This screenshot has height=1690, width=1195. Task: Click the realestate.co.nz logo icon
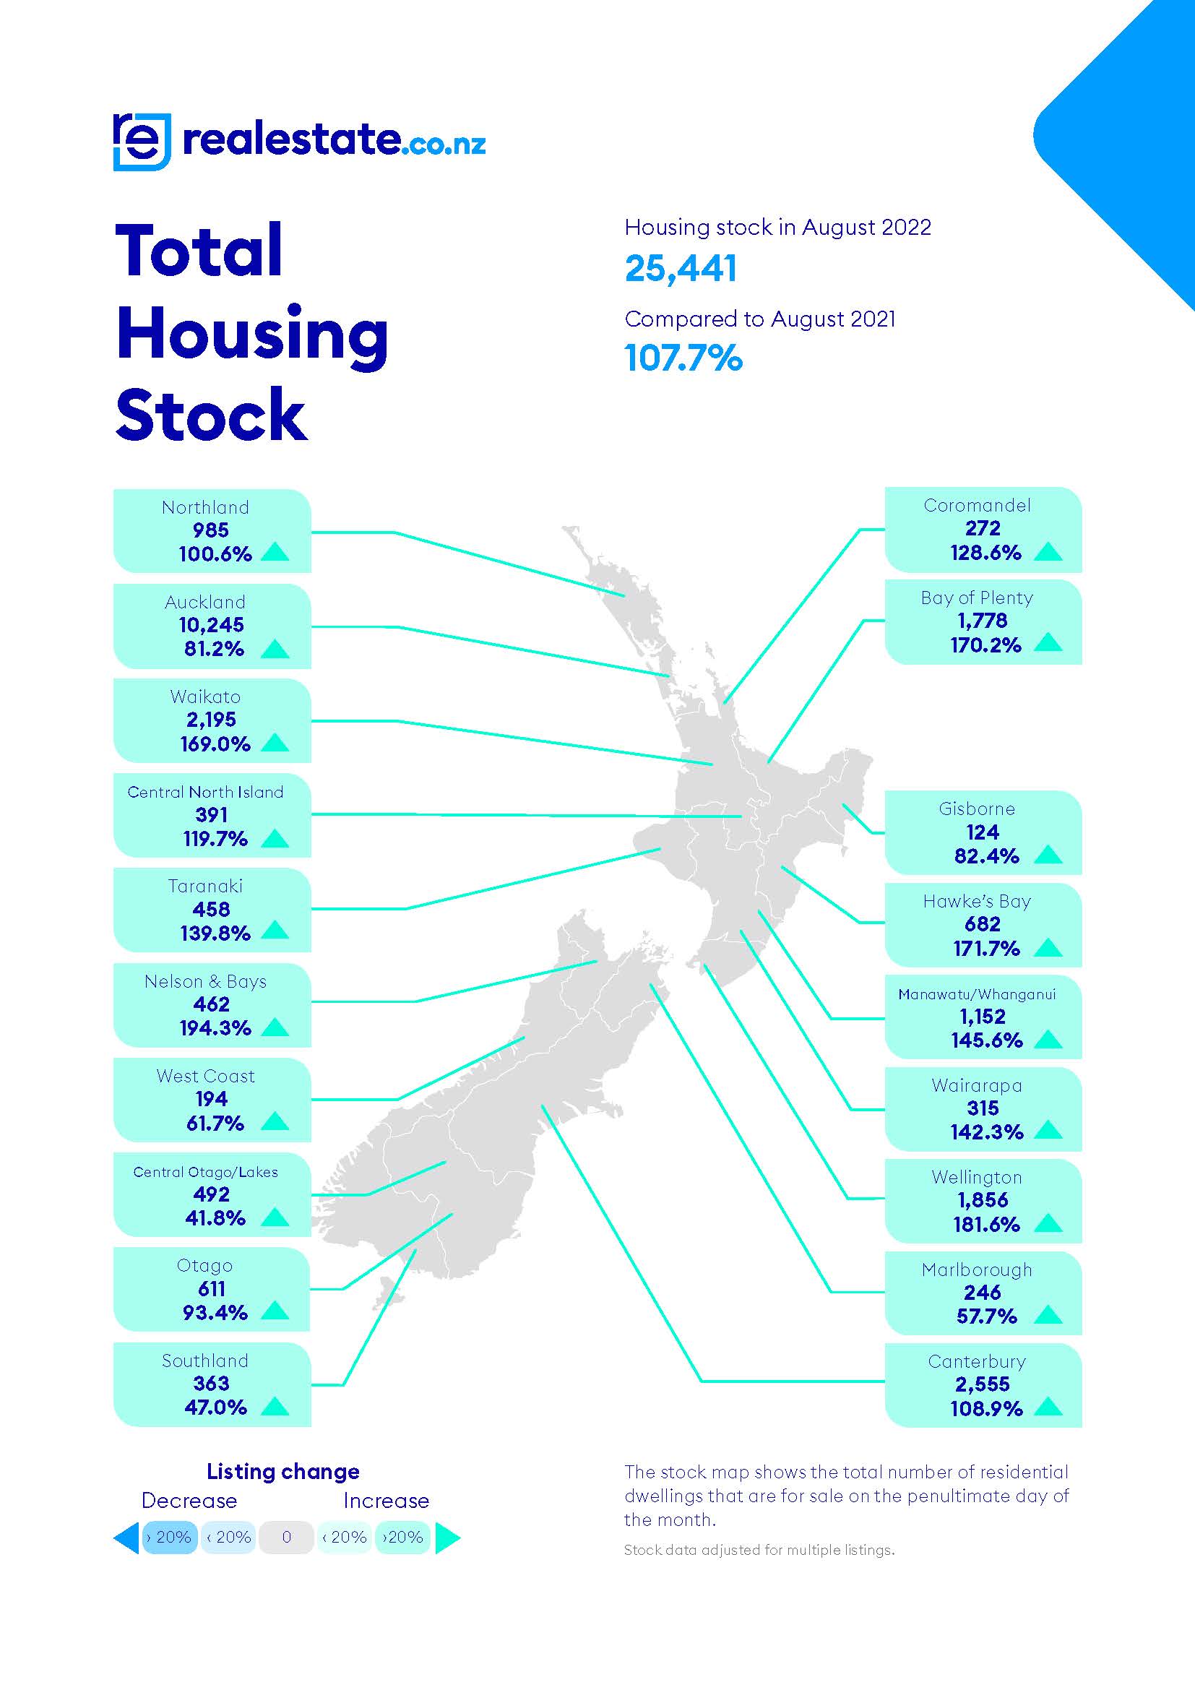142,142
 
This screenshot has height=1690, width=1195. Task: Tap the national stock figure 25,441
680,268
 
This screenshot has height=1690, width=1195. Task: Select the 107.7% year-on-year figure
683,358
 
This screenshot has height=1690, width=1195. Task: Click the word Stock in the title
211,415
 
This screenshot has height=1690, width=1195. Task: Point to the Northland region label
205,507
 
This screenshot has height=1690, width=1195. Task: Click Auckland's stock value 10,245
211,625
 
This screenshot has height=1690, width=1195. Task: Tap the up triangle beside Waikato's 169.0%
275,743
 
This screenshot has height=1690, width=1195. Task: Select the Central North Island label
205,792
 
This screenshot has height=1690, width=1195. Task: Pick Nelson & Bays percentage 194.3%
215,1027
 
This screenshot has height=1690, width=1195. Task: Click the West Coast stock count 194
211,1099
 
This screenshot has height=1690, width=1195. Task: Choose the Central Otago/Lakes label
205,1172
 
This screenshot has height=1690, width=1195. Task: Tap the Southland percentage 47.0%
215,1407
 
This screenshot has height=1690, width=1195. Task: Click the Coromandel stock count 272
983,527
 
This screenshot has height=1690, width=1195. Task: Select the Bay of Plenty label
977,598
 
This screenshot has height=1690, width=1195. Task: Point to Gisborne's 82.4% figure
987,856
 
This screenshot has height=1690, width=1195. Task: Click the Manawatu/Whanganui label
977,994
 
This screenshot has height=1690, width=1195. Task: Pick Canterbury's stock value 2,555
983,1384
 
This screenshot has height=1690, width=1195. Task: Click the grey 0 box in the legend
286,1537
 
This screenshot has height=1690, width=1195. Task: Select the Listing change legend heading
282,1471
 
